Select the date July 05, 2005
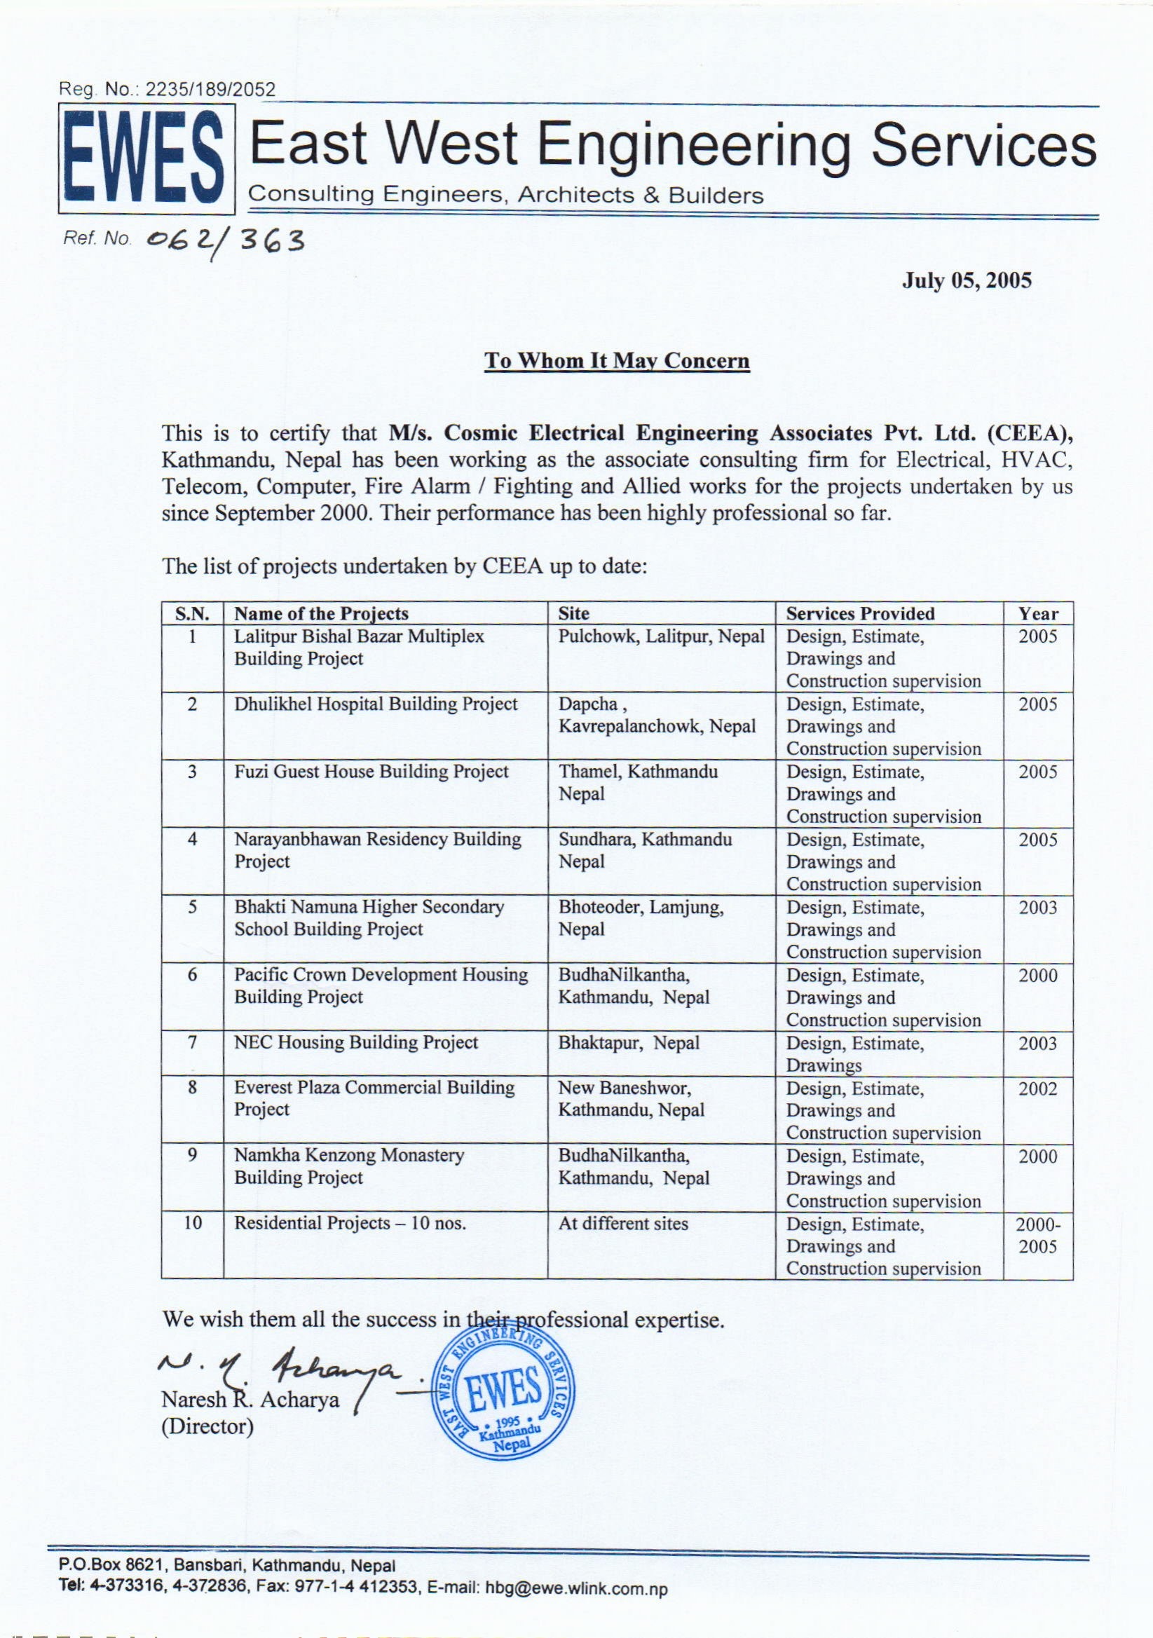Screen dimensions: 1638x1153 [x=966, y=280]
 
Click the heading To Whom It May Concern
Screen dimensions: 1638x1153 [x=618, y=361]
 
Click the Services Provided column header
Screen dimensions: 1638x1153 [x=860, y=613]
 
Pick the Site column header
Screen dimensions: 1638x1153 [x=573, y=613]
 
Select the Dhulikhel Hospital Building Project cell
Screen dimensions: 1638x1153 [x=375, y=704]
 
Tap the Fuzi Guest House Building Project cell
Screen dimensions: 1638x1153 [x=371, y=771]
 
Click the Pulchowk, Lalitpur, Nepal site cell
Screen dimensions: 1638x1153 [x=661, y=636]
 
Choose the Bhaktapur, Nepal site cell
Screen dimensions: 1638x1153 [x=629, y=1042]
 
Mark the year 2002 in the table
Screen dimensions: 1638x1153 [x=1037, y=1088]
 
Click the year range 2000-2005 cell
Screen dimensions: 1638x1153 [x=1037, y=1236]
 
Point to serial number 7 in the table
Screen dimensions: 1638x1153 [x=192, y=1042]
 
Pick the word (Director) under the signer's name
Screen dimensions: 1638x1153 [x=207, y=1426]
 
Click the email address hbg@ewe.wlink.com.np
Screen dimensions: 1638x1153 [x=575, y=1588]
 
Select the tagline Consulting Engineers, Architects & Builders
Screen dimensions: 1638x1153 [x=506, y=195]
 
